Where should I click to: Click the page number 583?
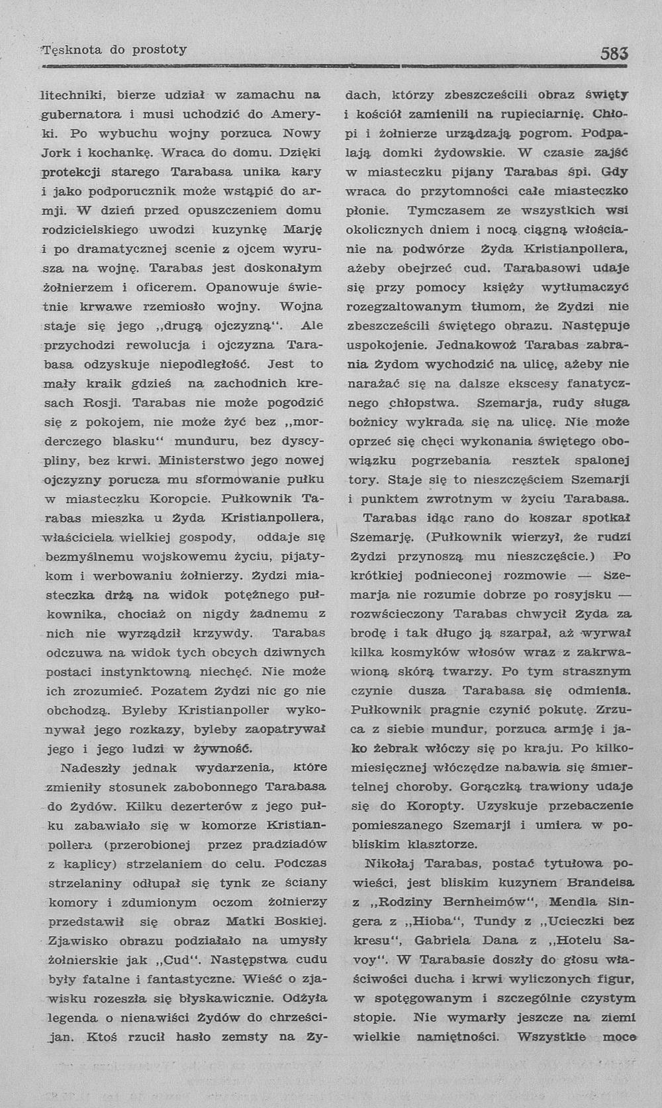(x=614, y=53)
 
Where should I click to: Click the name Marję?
(x=302, y=230)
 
